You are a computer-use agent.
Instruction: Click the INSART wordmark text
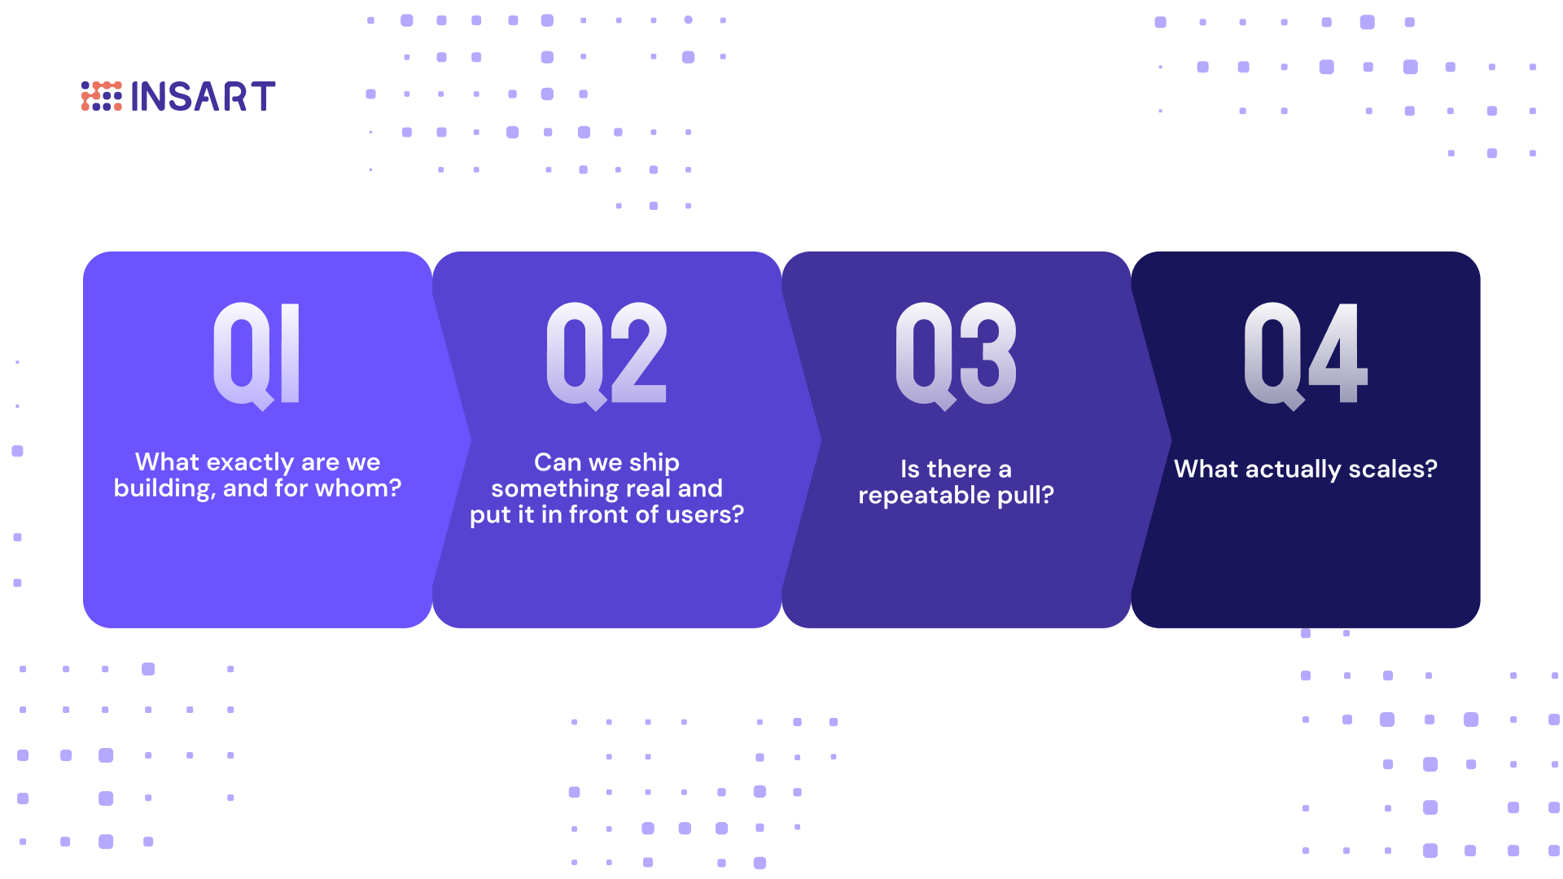coord(203,97)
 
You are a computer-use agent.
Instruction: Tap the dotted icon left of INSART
coord(101,96)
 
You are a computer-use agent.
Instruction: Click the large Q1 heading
coord(257,355)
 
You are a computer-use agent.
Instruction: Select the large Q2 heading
coord(606,355)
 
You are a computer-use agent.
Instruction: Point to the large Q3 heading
coord(956,355)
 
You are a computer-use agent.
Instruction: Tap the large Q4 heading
coord(1306,355)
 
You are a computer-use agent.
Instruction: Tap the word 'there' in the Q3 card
coord(958,469)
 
